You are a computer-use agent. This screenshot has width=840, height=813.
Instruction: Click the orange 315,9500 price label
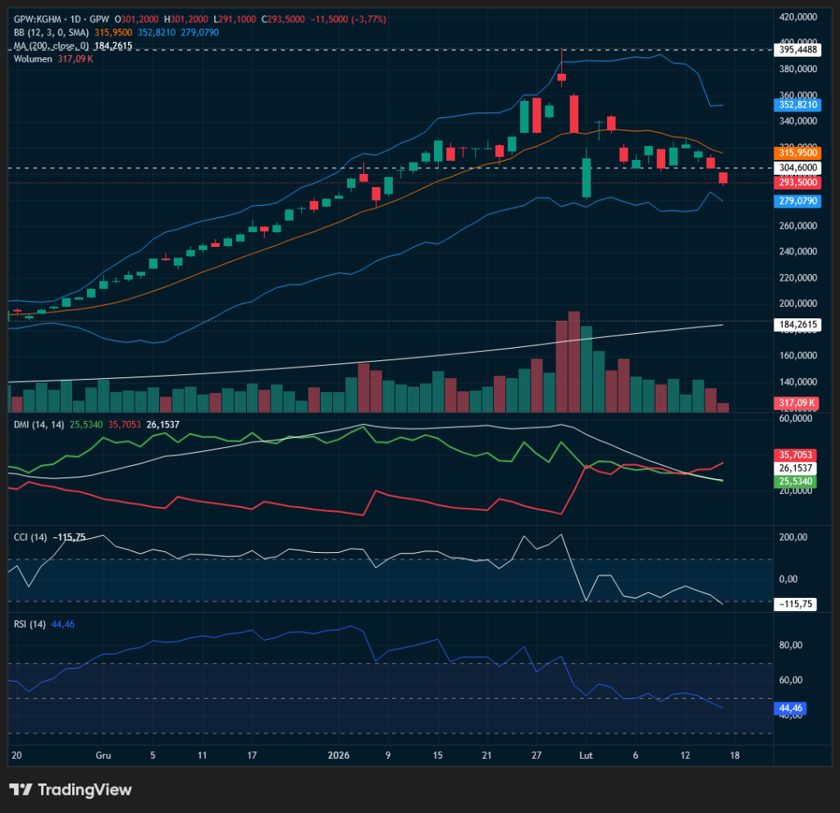pos(797,153)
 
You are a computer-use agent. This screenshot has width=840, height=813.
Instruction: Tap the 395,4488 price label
pos(797,49)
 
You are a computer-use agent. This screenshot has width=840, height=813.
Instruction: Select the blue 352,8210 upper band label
pos(797,105)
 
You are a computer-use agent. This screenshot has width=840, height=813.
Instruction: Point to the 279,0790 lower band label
pos(797,201)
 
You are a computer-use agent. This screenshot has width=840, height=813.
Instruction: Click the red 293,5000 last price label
pos(797,182)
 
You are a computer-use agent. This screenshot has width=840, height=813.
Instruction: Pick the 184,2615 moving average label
pos(797,325)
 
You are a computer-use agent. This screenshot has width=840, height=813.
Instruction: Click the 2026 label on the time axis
pos(339,755)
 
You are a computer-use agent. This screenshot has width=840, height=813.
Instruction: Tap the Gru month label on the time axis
pos(103,755)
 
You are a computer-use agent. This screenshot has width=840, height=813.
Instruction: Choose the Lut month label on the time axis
pos(586,755)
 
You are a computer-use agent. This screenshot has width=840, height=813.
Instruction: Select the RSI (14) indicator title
pos(30,624)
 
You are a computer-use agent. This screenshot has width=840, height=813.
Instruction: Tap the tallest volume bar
pos(573,362)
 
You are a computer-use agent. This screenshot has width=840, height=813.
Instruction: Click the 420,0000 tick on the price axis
pos(797,16)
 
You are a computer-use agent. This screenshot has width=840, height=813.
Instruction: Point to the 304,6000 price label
pos(797,167)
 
